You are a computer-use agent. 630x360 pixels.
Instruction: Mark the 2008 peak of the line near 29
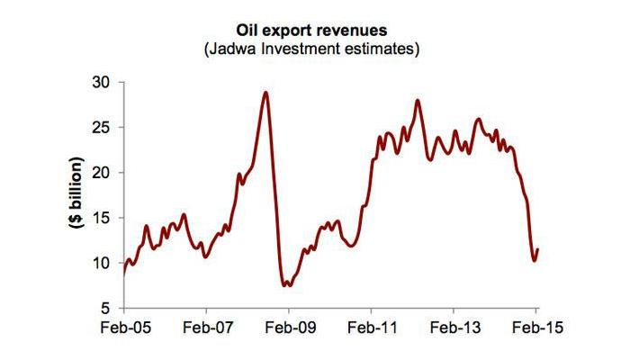[x=265, y=92]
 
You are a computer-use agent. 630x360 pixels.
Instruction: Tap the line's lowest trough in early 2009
[x=286, y=285]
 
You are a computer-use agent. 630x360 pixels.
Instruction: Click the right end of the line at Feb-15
[x=538, y=249]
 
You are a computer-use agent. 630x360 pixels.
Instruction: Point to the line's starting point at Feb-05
[x=123, y=272]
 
